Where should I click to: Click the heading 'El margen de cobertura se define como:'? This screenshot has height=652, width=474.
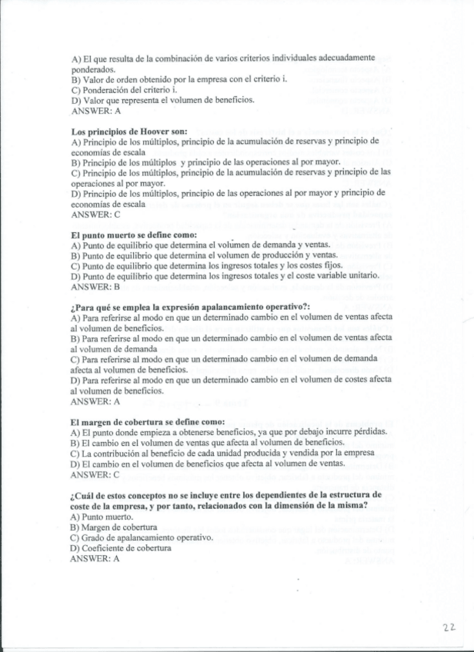point(147,421)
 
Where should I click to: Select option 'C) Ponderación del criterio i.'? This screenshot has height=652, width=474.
point(124,89)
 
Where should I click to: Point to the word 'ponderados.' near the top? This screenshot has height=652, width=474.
point(92,68)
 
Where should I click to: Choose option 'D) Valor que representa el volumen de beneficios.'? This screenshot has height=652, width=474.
point(162,99)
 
